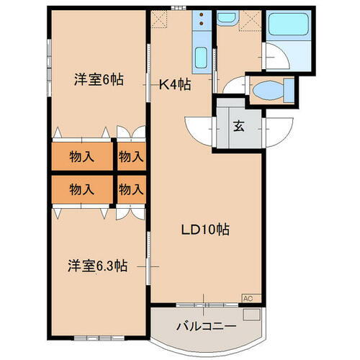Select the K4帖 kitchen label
(x=174, y=84)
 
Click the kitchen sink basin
(x=201, y=56)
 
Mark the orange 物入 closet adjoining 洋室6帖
(x=82, y=156)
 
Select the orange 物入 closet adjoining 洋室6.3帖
(x=82, y=189)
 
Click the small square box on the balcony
(x=251, y=314)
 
